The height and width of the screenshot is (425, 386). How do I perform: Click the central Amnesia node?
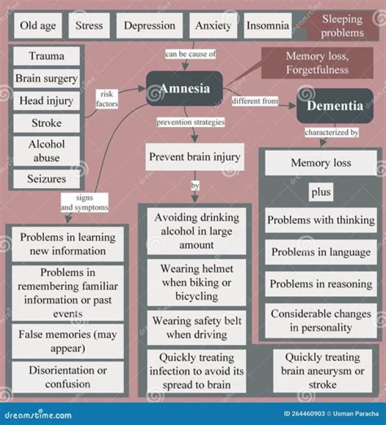tap(184, 88)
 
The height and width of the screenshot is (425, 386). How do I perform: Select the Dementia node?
tap(335, 106)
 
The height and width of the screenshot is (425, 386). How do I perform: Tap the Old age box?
tap(38, 26)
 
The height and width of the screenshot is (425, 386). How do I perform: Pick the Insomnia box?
tap(268, 26)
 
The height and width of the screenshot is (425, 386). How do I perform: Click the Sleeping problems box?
tap(343, 26)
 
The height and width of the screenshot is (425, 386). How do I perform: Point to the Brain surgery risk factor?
tap(46, 78)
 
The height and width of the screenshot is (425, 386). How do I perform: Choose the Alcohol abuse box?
tap(46, 151)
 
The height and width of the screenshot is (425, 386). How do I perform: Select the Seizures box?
tap(46, 179)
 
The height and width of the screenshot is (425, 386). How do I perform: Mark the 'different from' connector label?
tap(255, 101)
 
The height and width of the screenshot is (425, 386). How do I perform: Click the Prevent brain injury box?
tap(195, 157)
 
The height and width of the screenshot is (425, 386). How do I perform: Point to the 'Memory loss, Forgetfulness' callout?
tap(317, 63)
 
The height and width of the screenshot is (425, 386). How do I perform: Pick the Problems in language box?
tap(321, 252)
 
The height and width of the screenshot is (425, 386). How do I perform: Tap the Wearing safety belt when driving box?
tap(197, 327)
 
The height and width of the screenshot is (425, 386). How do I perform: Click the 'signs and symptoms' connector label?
tap(84, 202)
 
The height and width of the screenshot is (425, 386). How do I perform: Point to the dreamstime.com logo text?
tap(38, 415)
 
